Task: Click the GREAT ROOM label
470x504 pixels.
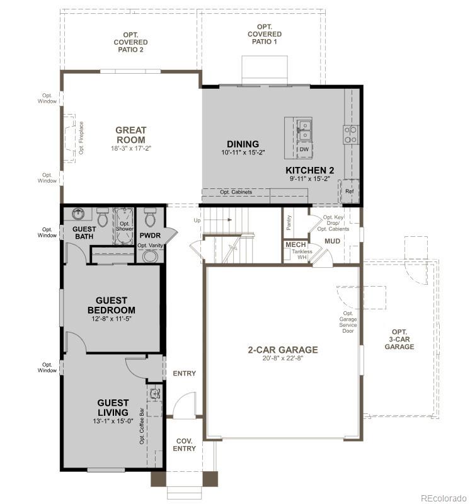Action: [130, 135]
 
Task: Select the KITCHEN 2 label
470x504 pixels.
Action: [309, 171]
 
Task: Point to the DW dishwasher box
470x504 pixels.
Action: [304, 149]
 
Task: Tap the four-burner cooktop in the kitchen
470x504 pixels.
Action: [350, 133]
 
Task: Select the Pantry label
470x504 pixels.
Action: [289, 223]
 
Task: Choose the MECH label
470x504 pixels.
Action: [295, 244]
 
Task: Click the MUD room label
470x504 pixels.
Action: [332, 241]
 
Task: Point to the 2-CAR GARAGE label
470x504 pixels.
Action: [282, 350]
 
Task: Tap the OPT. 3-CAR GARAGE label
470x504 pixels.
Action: [399, 339]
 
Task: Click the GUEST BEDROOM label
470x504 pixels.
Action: [111, 306]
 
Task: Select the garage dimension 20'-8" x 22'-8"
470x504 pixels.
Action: [282, 360]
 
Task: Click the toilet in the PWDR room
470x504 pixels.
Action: [150, 218]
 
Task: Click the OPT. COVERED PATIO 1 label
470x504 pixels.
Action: [264, 34]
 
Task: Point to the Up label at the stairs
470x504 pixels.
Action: [197, 220]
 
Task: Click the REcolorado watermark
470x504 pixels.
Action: [444, 496]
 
